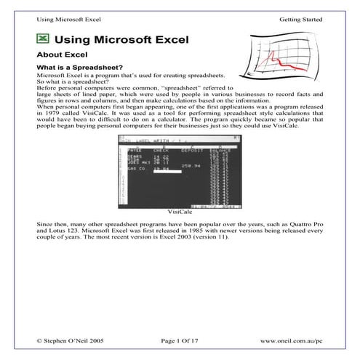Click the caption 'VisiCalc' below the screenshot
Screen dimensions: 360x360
(x=179, y=211)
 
